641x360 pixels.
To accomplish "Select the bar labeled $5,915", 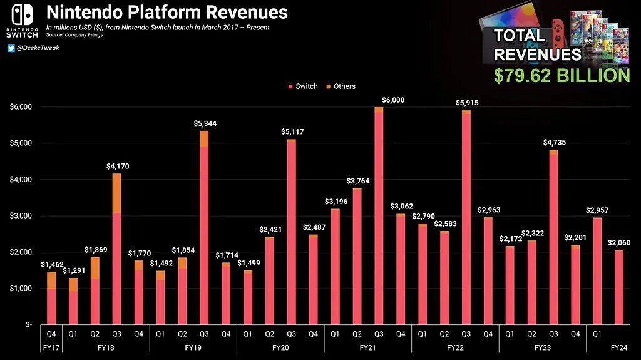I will [x=466, y=219].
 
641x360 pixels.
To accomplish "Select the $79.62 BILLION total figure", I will [x=562, y=76].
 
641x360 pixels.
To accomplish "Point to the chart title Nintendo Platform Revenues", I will [x=167, y=13].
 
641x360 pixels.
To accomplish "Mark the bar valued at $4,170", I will [x=116, y=250].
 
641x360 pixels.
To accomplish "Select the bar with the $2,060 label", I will [x=618, y=288].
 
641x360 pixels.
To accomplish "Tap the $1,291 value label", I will [x=73, y=270].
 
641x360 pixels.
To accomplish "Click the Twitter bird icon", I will [x=11, y=48].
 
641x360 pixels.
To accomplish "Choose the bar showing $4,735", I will [x=553, y=238].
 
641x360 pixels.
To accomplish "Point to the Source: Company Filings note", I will [x=76, y=35].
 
